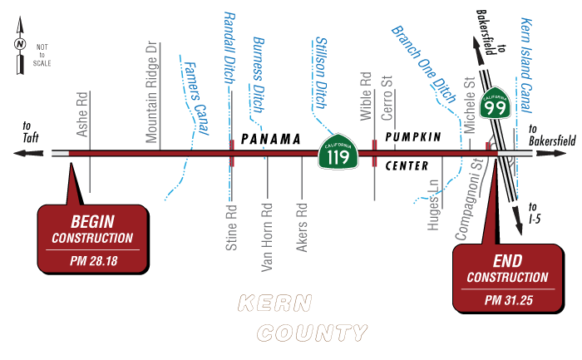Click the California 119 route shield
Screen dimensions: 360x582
[338, 153]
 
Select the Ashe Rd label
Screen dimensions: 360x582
[82, 115]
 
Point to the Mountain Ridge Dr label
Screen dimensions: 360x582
[151, 91]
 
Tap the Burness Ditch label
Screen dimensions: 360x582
[259, 75]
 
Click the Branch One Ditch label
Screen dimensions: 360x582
[424, 64]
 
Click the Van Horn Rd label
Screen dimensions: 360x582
[267, 237]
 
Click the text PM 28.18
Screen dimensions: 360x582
[92, 260]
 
